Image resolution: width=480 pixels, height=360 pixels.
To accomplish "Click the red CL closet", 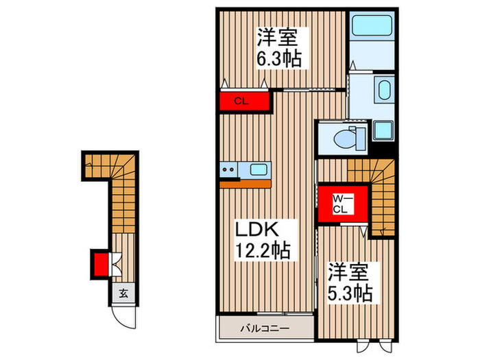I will click(243, 101).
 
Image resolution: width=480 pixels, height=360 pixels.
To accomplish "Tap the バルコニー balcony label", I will click(264, 327).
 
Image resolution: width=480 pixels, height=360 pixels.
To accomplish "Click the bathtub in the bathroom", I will click(371, 27).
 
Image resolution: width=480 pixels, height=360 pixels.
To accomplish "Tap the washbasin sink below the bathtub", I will click(383, 91).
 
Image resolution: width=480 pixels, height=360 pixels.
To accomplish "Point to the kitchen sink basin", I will click(260, 169).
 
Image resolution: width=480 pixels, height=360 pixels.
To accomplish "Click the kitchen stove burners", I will click(228, 169).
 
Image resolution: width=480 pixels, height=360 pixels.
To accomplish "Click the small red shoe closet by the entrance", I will click(100, 263).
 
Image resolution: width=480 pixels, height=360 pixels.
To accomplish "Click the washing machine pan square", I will click(383, 130).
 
